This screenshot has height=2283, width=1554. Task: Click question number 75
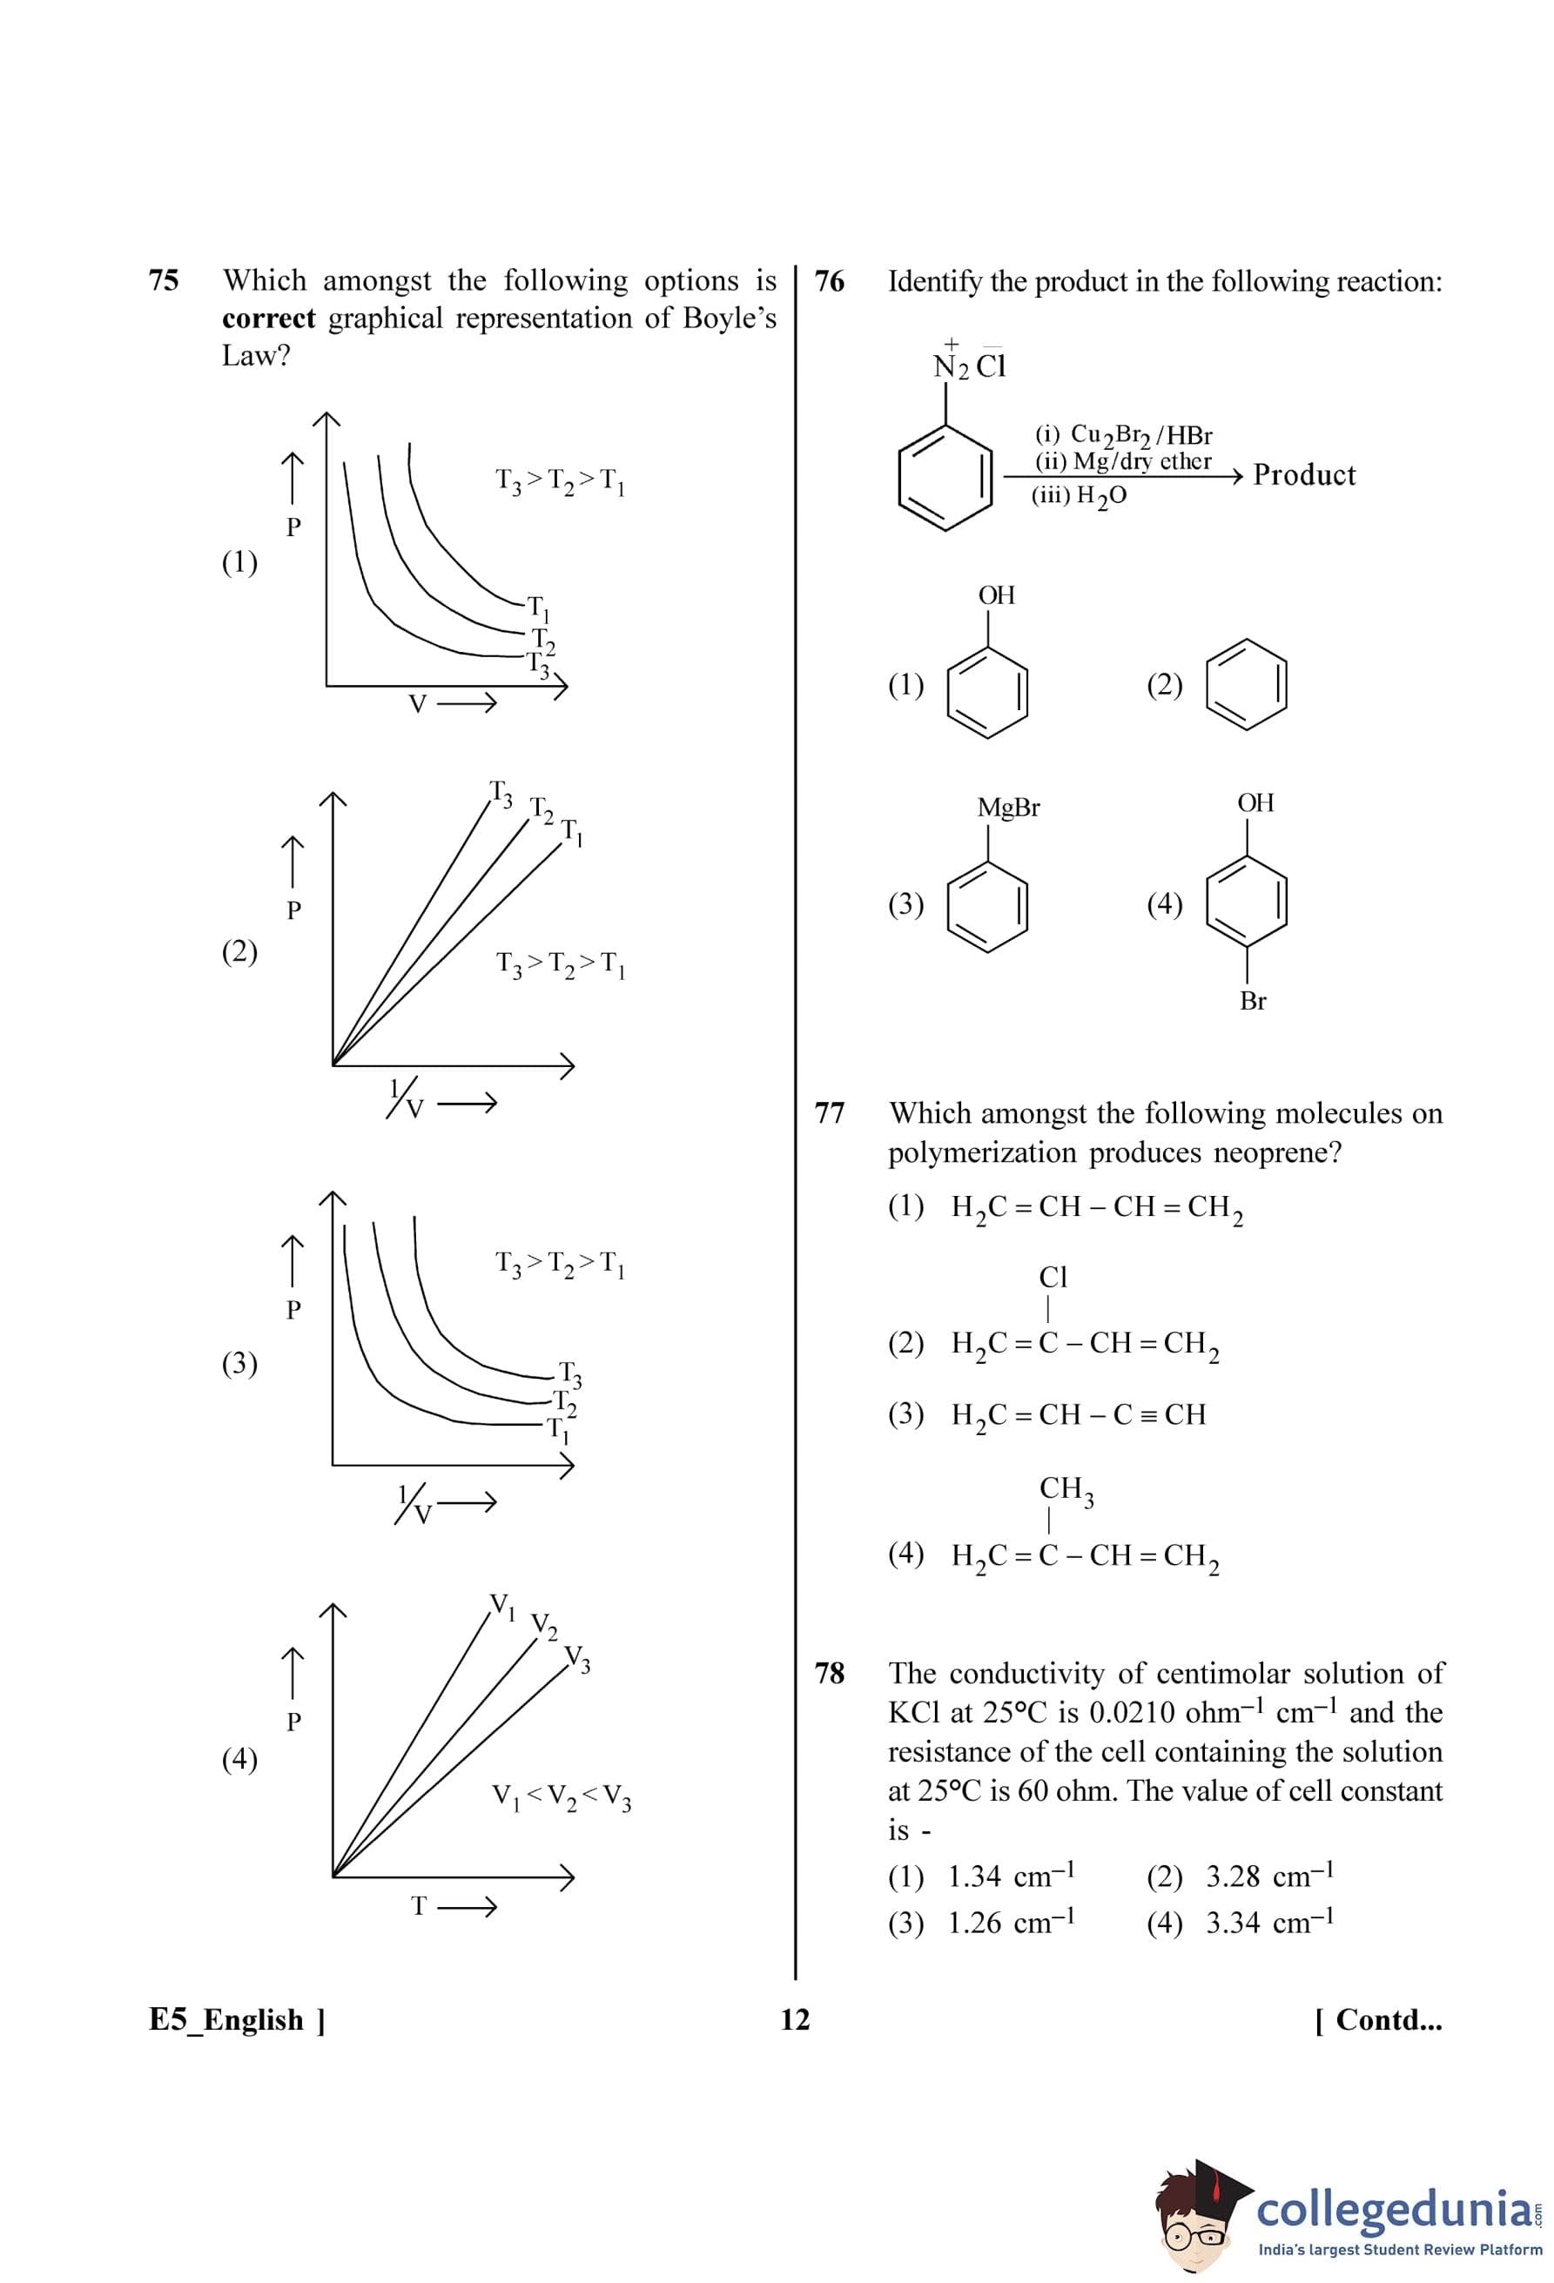(163, 281)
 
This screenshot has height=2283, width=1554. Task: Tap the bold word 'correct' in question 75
(268, 319)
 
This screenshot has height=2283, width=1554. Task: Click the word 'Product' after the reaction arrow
(1303, 475)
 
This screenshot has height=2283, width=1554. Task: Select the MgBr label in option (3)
(1008, 809)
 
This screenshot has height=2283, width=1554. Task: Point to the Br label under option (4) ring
(1253, 1001)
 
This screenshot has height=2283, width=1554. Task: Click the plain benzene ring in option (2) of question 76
(1247, 684)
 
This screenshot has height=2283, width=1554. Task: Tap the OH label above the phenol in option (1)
(996, 595)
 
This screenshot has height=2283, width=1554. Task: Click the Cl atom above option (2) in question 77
(1052, 1277)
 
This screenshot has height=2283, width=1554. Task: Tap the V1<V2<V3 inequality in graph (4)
(561, 1796)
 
